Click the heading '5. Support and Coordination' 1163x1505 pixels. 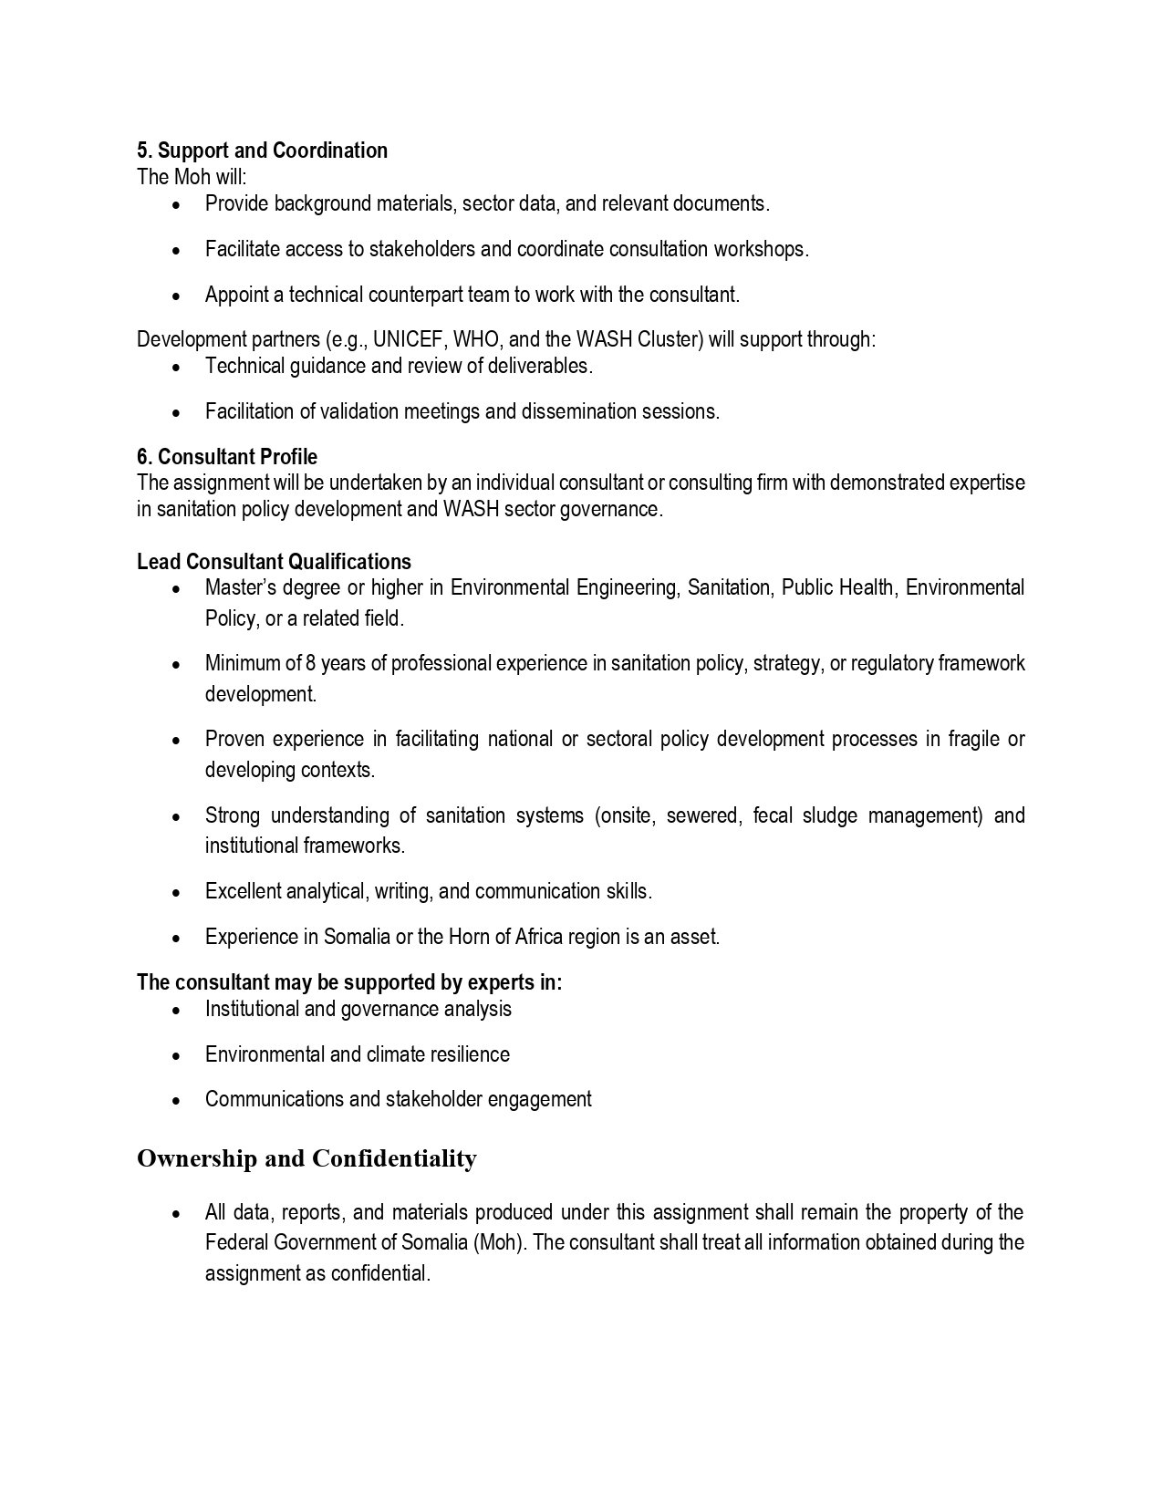coord(262,150)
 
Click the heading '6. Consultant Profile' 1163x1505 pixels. coord(227,456)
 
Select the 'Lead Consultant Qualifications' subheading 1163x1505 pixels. coord(274,562)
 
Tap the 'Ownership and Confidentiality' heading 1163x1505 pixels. coord(306,1158)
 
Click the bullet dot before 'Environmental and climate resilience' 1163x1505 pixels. coord(176,1055)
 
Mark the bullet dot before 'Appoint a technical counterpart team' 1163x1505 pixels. coord(176,296)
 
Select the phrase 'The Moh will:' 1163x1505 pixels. coord(192,177)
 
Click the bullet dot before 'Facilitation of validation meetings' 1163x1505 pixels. coord(176,412)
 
